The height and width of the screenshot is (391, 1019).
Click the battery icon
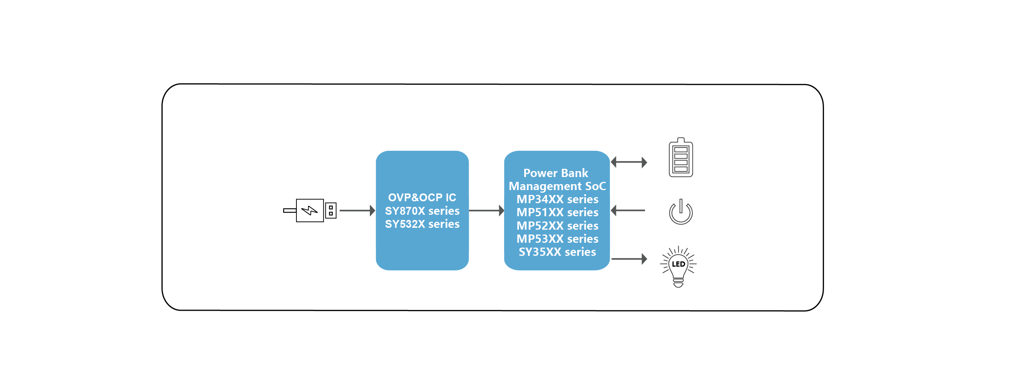coord(680,157)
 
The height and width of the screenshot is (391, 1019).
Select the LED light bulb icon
coord(679,266)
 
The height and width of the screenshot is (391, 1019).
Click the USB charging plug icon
coord(310,210)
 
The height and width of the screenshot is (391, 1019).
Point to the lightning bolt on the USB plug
coord(310,210)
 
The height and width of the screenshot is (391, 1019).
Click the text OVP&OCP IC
coord(422,197)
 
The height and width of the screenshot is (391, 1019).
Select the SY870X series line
coord(422,211)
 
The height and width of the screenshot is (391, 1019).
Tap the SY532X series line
coord(422,224)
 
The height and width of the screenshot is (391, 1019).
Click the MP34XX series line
coord(557,199)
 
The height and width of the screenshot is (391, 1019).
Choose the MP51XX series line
coord(557,212)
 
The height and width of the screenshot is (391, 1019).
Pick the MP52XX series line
coord(557,226)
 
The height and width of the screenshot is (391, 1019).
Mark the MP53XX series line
coord(557,239)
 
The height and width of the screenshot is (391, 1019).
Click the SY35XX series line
coord(557,252)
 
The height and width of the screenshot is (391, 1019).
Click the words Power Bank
coord(556,173)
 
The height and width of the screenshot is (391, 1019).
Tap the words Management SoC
coord(557,186)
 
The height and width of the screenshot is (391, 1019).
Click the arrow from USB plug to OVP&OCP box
coord(357,211)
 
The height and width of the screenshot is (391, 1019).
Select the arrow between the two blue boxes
coord(487,211)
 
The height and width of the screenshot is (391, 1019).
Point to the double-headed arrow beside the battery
coord(629,162)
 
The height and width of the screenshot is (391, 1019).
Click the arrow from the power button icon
coord(628,211)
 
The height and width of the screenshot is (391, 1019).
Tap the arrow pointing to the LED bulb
coord(629,259)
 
